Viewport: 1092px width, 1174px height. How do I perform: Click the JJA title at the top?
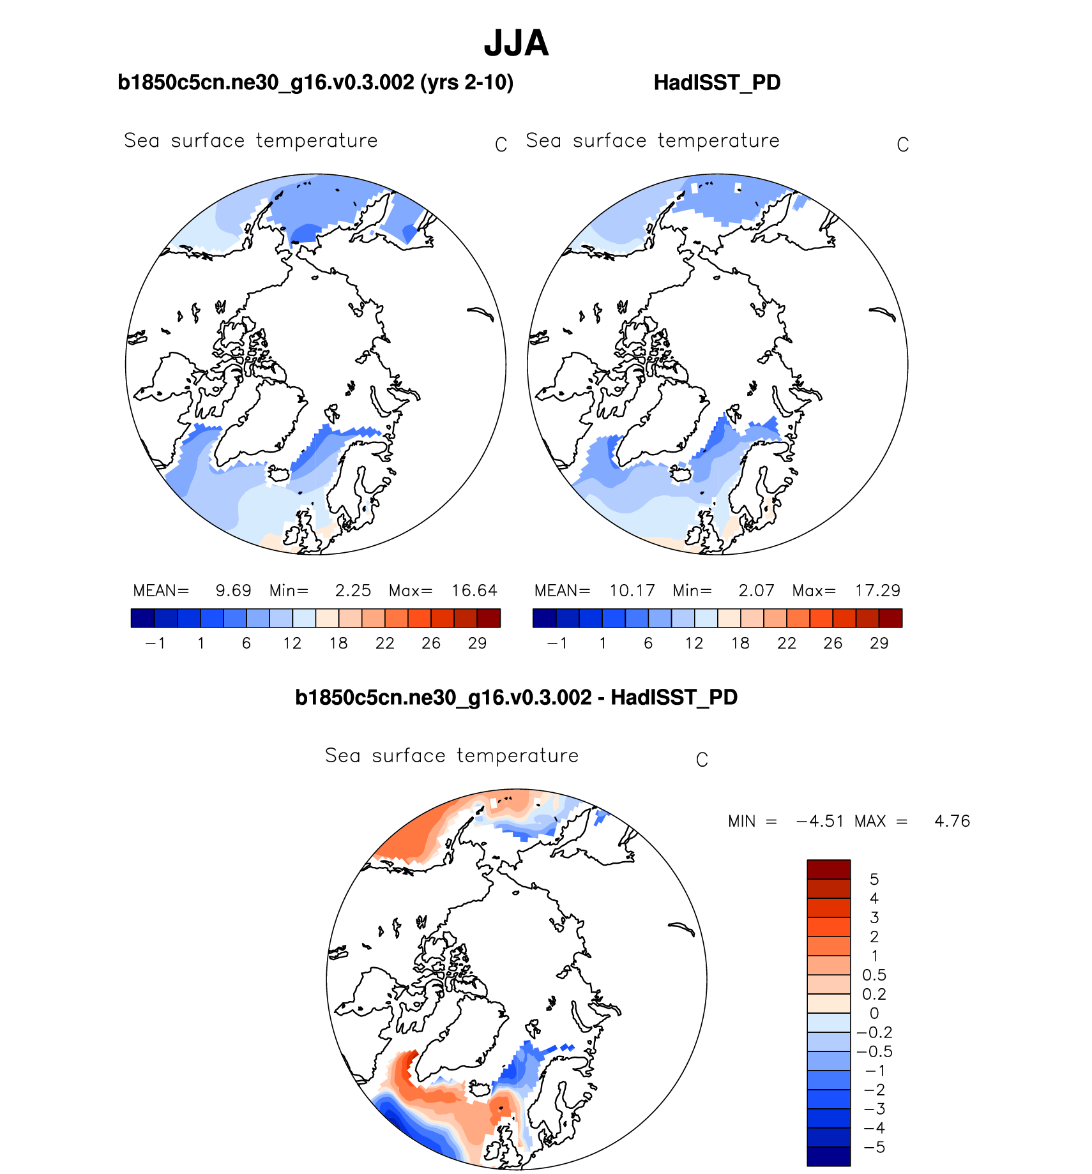(x=516, y=43)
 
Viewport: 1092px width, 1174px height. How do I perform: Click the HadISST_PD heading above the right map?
(x=717, y=83)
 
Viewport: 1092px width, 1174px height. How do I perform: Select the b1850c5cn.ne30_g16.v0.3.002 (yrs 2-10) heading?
(x=315, y=83)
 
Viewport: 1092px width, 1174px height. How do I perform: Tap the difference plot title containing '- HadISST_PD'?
(x=516, y=697)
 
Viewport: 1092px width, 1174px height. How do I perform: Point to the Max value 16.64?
(x=474, y=591)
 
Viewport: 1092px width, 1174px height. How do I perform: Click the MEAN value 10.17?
(x=632, y=591)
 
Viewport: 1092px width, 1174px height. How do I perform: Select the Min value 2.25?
(x=353, y=591)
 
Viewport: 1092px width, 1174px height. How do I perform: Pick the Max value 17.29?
(x=877, y=591)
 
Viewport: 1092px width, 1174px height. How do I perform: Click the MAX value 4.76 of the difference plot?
(x=952, y=821)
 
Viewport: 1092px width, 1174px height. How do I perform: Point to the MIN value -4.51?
(x=820, y=821)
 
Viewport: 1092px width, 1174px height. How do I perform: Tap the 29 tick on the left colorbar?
(x=477, y=643)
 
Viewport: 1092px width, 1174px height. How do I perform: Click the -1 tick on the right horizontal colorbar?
(x=557, y=643)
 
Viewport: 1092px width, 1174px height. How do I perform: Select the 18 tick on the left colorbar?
(x=338, y=643)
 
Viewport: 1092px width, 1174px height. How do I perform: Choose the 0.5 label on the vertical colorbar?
(x=874, y=975)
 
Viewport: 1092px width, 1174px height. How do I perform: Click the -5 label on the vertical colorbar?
(x=874, y=1147)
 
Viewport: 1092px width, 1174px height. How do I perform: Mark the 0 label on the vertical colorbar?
(x=874, y=1013)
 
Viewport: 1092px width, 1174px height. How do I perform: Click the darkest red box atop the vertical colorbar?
(x=828, y=869)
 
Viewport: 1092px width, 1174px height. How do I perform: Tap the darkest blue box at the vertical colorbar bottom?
(x=828, y=1156)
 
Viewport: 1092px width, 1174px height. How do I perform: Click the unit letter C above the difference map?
(x=702, y=760)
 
